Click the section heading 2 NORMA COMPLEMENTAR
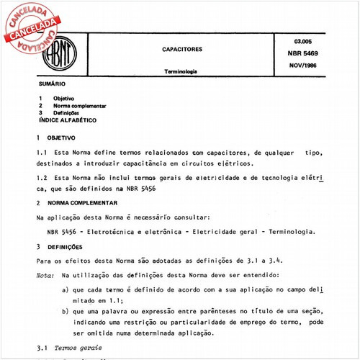(x=80, y=203)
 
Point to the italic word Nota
(x=45, y=275)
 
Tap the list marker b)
(x=66, y=310)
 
